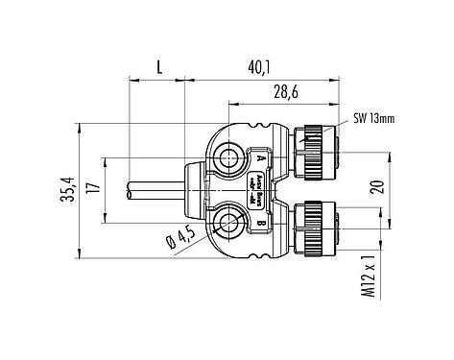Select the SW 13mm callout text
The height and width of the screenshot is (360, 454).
tap(369, 120)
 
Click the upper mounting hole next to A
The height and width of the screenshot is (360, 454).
tap(231, 156)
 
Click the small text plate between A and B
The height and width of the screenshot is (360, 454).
tap(261, 190)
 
